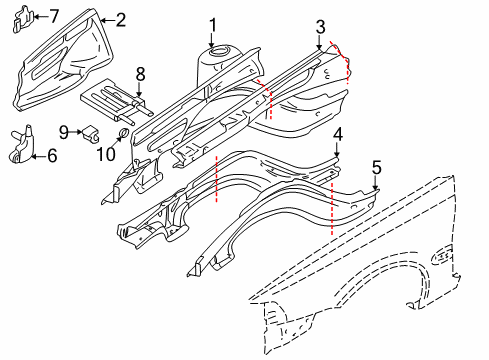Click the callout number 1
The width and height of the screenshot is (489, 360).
212,24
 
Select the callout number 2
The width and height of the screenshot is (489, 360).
120,19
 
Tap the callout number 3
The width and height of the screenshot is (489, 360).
320,26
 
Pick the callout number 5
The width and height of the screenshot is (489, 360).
376,167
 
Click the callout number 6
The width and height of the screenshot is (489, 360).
52,154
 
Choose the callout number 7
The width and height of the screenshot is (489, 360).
54,15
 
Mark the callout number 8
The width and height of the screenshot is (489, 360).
141,73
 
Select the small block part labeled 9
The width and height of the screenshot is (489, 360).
88,131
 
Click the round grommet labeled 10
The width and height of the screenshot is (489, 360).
120,133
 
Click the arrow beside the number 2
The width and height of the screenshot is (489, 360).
106,19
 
